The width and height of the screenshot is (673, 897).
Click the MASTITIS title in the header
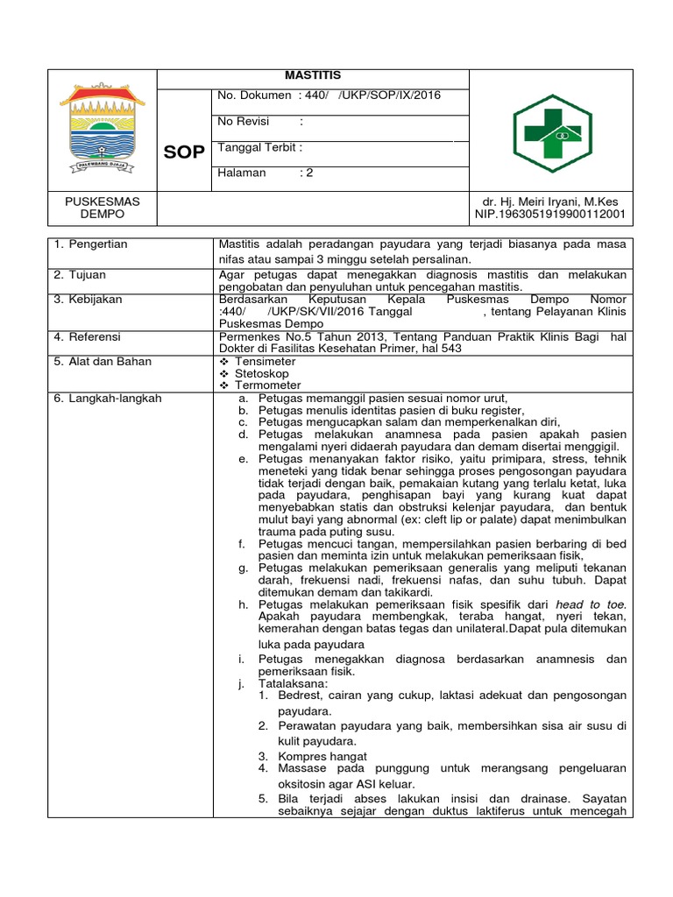313,76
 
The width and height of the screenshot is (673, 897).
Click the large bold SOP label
185,152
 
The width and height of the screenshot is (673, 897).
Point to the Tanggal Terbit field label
259,147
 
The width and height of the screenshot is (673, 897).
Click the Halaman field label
241,173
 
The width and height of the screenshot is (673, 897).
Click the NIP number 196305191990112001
549,214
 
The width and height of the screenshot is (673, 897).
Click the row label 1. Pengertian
90,244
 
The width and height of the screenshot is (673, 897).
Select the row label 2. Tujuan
81,273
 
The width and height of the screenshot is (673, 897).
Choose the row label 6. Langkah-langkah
108,398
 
